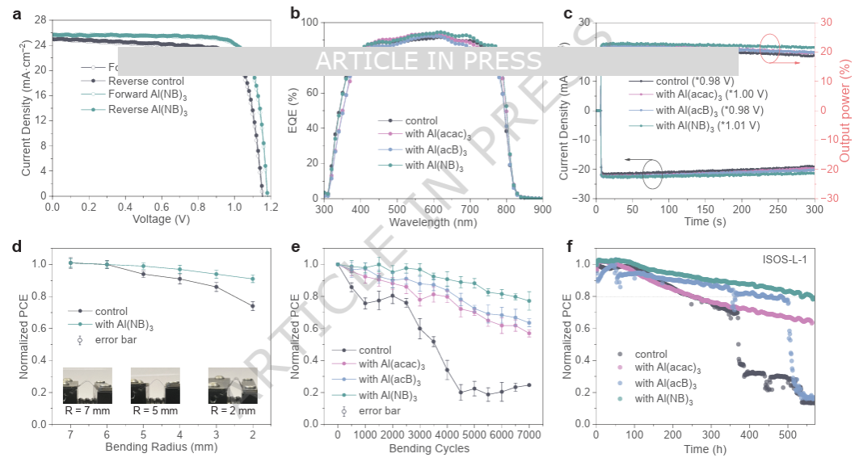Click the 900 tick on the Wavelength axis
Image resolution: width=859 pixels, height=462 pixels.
(542, 209)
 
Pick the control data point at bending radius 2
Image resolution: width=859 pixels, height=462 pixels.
(253, 305)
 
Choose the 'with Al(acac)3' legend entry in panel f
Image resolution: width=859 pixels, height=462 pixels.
(666, 368)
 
